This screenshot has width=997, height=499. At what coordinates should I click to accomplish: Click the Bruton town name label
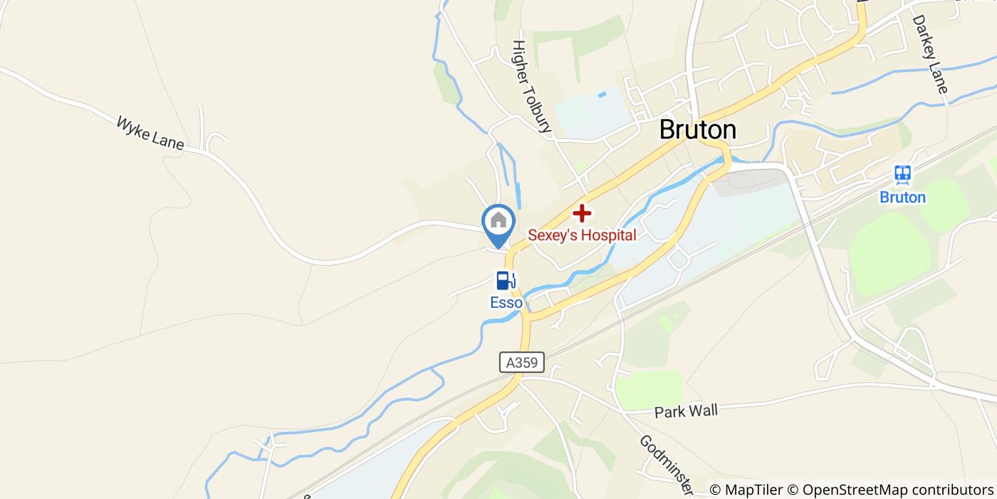697,130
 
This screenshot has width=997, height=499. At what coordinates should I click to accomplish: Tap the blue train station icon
903,175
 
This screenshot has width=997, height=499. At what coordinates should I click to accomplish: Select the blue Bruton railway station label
902,197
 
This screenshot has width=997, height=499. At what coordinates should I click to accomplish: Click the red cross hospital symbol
582,212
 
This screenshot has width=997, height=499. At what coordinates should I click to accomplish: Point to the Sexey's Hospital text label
582,235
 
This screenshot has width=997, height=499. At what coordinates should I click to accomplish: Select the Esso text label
506,302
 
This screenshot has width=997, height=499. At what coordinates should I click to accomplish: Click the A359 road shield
521,363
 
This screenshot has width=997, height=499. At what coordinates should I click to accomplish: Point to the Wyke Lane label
150,133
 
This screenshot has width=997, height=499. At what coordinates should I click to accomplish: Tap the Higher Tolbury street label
531,86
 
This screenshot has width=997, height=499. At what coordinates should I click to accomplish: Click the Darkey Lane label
930,54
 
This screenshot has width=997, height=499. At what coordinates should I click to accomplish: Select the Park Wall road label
686,411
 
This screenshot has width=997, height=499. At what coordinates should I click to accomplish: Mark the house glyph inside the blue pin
499,219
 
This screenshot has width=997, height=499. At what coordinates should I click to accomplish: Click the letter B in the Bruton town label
667,130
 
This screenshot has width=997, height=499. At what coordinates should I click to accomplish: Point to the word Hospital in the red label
607,235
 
